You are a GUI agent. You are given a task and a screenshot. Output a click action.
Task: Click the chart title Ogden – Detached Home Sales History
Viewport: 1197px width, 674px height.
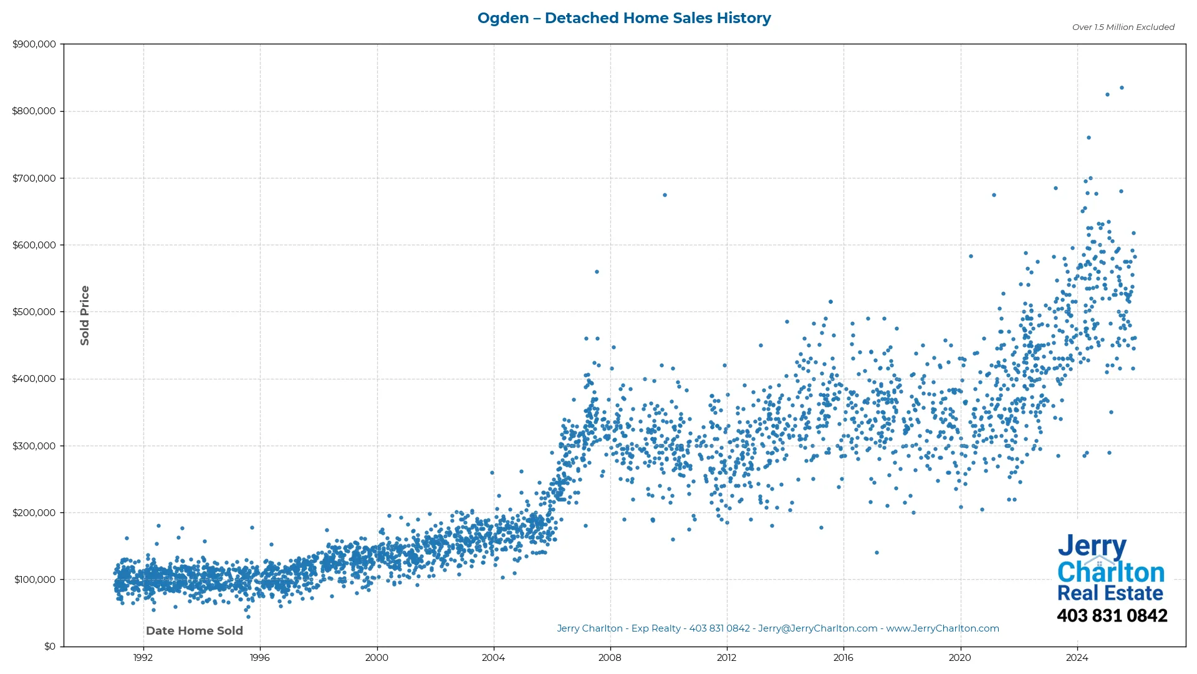point(624,18)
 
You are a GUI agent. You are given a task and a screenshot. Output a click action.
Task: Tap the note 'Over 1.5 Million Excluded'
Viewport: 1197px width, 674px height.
point(1123,27)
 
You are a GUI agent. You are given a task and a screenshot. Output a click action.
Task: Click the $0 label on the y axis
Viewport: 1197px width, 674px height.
point(50,647)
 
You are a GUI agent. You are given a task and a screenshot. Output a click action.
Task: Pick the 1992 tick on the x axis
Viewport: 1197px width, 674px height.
point(143,658)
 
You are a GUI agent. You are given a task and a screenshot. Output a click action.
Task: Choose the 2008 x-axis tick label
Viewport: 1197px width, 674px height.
point(610,658)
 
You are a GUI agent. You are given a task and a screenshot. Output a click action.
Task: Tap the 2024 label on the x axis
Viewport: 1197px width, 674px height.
point(1077,658)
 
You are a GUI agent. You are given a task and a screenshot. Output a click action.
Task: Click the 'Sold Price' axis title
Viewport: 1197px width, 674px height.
point(85,315)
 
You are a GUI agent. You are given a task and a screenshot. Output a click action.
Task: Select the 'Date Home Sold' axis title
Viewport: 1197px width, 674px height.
point(195,631)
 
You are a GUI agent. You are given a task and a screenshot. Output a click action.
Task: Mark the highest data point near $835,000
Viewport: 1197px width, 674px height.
point(1122,88)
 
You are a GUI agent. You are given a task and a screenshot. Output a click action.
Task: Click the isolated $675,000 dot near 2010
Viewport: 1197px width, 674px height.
point(665,195)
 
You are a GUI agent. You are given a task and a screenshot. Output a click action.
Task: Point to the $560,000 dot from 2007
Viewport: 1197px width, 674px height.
point(597,272)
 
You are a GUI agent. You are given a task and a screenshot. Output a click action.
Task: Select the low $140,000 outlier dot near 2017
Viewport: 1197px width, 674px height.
point(877,553)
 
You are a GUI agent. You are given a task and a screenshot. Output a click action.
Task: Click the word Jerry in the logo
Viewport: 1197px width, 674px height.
point(1092,547)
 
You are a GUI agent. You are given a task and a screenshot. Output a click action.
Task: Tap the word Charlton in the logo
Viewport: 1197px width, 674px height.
point(1111,572)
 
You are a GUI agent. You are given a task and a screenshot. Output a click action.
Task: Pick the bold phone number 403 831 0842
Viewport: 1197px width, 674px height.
point(1112,616)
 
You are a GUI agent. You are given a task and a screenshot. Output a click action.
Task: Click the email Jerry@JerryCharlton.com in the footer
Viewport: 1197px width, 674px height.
point(817,628)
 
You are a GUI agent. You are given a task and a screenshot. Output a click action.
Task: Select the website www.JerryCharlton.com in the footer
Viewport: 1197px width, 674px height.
point(943,628)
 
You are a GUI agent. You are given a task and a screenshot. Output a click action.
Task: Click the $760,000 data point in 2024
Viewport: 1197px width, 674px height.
point(1089,138)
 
